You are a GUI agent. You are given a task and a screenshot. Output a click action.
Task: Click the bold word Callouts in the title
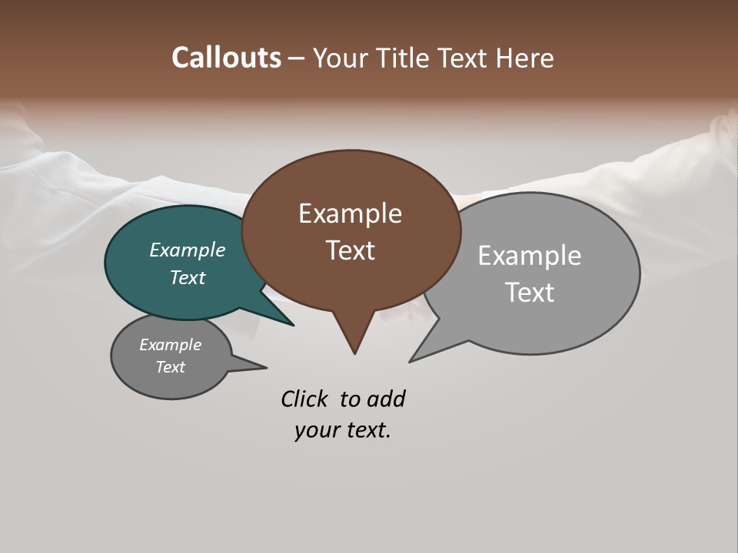[x=226, y=58]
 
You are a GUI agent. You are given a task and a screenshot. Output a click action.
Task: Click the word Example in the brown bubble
[x=350, y=214]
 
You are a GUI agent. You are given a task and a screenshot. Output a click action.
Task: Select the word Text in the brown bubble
[x=351, y=250]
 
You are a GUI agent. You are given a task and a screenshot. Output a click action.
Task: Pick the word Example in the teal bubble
[x=187, y=250]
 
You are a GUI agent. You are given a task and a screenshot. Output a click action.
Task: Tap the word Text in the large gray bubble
[x=530, y=293]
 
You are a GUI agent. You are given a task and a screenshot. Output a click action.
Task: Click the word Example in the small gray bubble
[x=170, y=345]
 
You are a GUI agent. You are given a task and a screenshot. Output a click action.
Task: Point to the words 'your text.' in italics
[x=342, y=430]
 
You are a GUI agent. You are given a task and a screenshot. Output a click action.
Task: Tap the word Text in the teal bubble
[x=188, y=277]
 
